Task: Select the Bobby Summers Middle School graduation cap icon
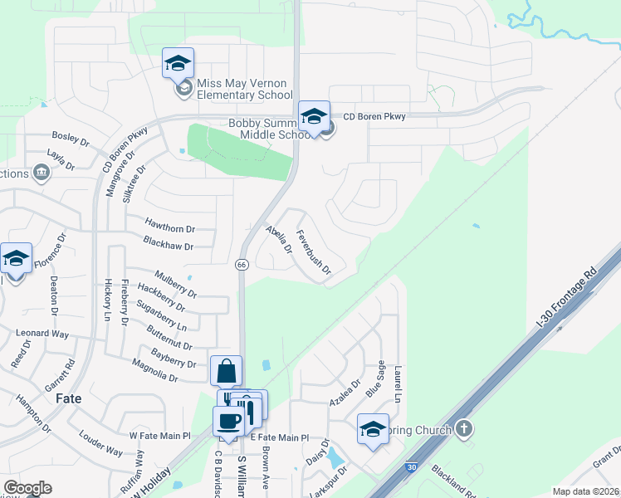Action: click(x=315, y=116)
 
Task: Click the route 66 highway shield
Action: click(x=242, y=264)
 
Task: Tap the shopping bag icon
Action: click(x=227, y=371)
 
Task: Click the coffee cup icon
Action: click(x=228, y=420)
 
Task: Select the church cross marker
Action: click(x=464, y=429)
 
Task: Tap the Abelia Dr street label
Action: click(x=279, y=239)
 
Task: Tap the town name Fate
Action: click(x=68, y=398)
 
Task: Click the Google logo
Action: click(x=28, y=488)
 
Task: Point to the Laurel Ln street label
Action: click(x=398, y=386)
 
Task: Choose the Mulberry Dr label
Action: click(x=175, y=283)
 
